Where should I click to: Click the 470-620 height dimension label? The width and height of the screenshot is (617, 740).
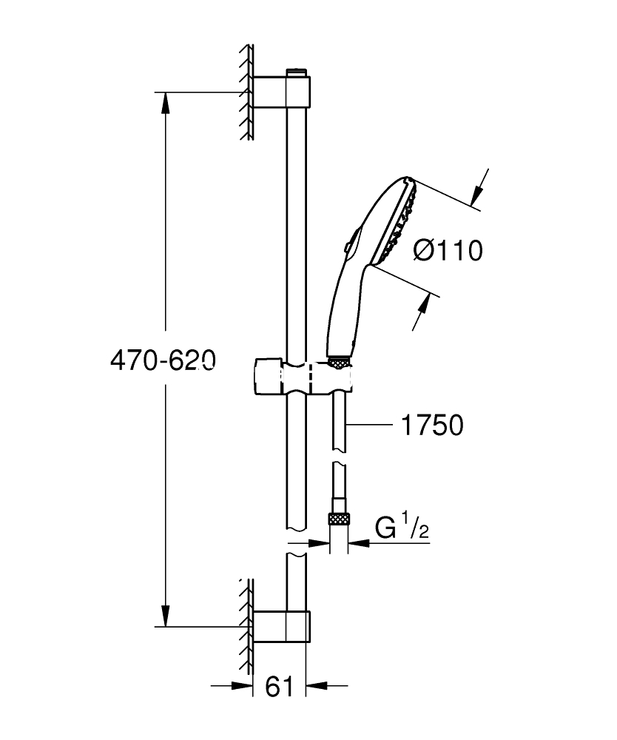pyautogui.click(x=163, y=360)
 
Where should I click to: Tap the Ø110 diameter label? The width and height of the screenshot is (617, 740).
pyautogui.click(x=448, y=250)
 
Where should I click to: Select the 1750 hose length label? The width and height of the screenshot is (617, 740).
pyautogui.click(x=432, y=425)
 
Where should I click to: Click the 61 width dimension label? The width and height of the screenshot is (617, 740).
pyautogui.click(x=279, y=686)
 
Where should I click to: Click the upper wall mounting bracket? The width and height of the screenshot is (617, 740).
pyautogui.click(x=282, y=92)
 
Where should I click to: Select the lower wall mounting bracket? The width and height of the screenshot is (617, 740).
pyautogui.click(x=282, y=626)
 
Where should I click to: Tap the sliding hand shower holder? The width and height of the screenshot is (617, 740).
pyautogui.click(x=304, y=377)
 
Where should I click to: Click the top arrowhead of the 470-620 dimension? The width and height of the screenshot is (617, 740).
pyautogui.click(x=165, y=103)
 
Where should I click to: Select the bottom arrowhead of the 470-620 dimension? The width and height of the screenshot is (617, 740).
pyautogui.click(x=165, y=616)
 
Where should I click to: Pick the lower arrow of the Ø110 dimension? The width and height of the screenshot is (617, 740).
pyautogui.click(x=421, y=312)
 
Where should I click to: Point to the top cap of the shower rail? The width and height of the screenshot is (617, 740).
pyautogui.click(x=296, y=73)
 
